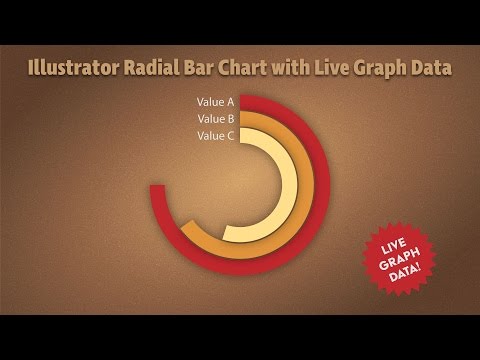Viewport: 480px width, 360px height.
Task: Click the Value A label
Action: [216, 102]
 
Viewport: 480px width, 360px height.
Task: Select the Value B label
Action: [216, 119]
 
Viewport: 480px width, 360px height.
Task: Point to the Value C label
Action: [216, 136]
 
